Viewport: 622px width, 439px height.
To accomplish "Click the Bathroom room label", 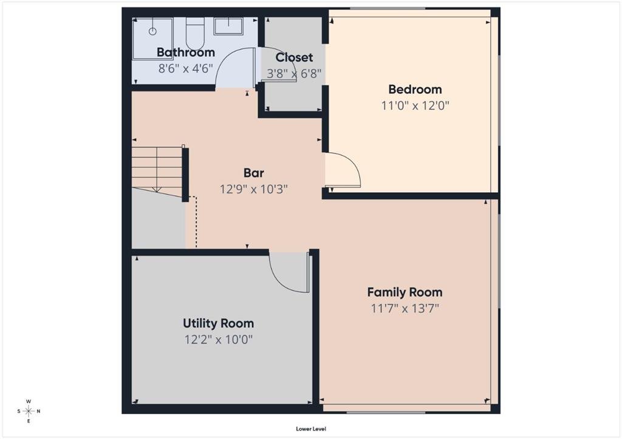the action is [186, 52].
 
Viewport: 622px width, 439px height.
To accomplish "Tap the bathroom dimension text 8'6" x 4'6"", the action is [186, 69].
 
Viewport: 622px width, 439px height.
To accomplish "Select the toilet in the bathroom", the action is [195, 32].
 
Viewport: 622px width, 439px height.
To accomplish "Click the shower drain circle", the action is [152, 32].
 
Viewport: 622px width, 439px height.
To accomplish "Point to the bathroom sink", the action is [228, 26].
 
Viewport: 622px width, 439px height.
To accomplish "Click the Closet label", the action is [294, 58].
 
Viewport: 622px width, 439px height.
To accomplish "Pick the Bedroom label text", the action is [415, 90].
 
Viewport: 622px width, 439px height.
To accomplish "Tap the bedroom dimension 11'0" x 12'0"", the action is [415, 106].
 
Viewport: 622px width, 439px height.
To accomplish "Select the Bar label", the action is [253, 173].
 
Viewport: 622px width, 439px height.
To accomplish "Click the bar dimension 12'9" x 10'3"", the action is [253, 189].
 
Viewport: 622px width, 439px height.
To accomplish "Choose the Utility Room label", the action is [218, 323].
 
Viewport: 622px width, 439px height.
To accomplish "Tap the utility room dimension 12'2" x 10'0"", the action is [218, 340].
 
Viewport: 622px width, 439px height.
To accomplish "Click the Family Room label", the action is [405, 292].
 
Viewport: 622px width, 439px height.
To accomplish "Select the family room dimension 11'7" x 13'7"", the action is [405, 309].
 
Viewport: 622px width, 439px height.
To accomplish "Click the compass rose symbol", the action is [29, 411].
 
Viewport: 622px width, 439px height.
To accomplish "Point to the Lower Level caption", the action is [311, 429].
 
